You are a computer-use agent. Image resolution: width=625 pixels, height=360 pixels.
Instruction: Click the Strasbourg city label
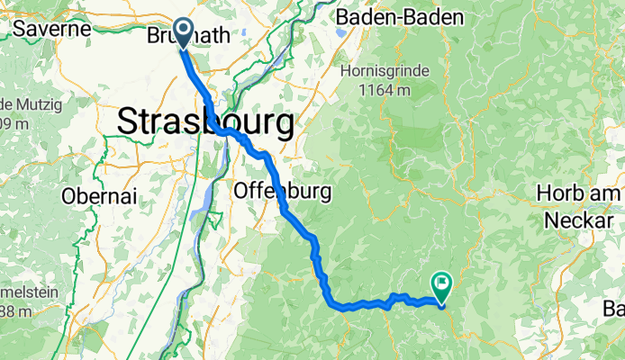pos(205,121)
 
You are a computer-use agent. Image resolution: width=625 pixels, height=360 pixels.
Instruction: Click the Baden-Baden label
pos(399,17)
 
